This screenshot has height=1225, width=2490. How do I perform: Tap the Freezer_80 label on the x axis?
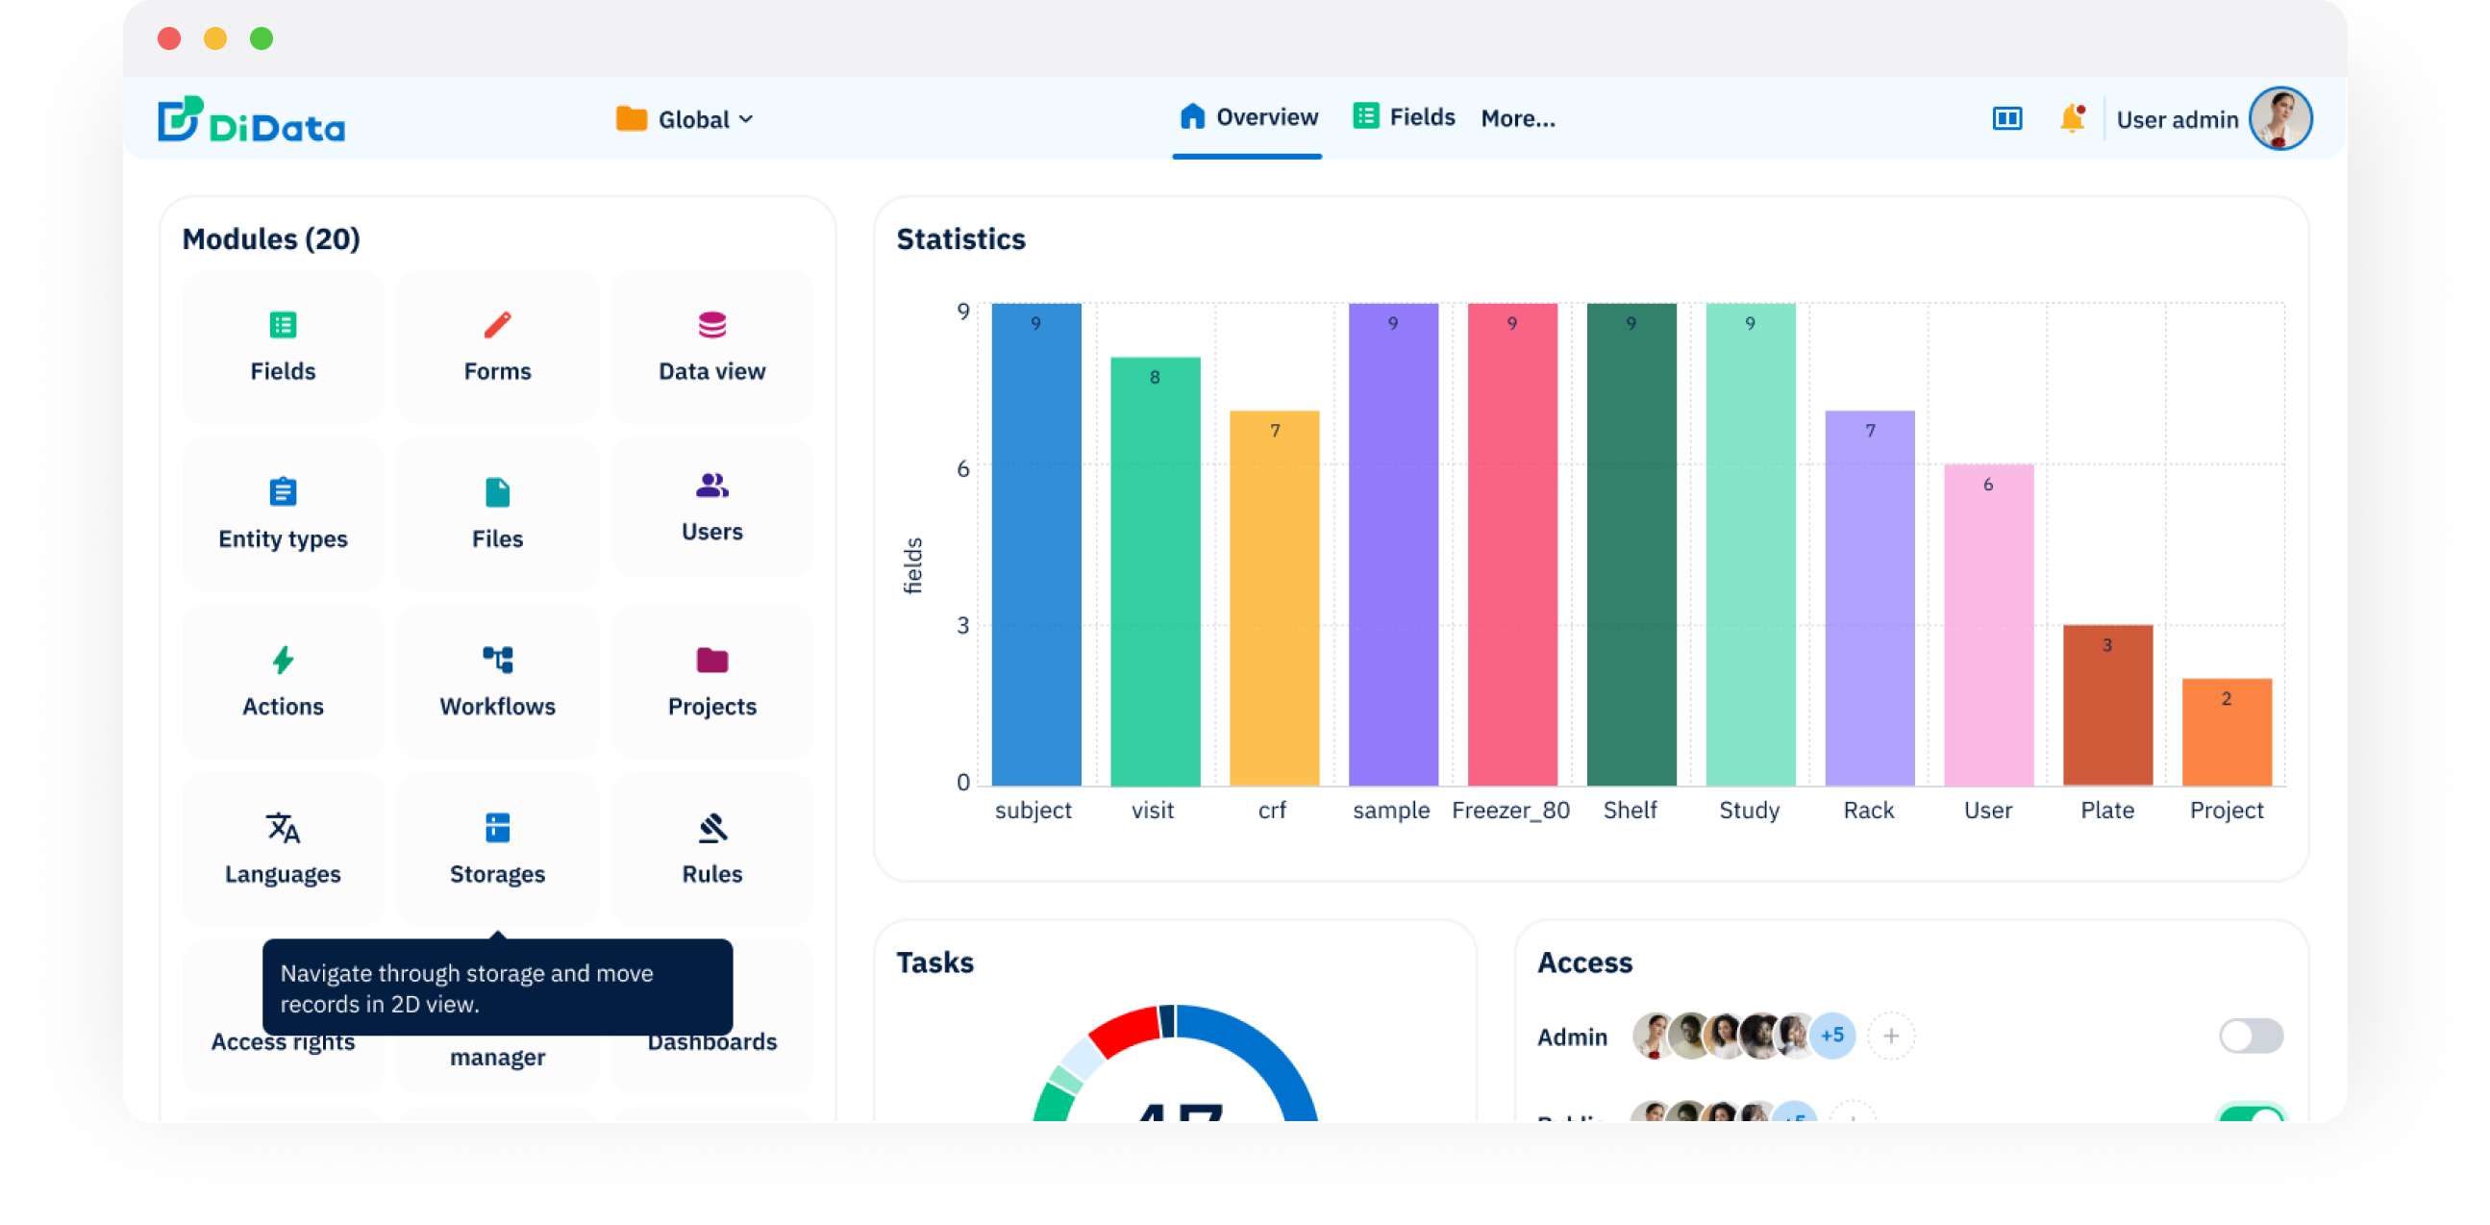(1509, 811)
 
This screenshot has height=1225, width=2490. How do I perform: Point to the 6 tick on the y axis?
(962, 469)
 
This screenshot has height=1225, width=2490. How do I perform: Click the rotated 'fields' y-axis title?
(912, 565)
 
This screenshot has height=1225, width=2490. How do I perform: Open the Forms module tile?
(497, 345)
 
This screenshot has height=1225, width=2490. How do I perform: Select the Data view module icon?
(711, 325)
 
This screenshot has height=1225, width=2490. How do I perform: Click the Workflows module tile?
(497, 681)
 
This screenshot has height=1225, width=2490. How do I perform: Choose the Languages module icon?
(283, 828)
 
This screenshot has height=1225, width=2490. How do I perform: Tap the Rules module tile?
(711, 848)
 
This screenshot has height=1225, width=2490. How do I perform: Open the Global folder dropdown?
(685, 119)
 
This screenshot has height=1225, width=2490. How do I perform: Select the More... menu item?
(1518, 118)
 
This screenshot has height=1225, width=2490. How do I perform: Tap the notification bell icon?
(2071, 118)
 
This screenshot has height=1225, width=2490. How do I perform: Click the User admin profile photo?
(2279, 118)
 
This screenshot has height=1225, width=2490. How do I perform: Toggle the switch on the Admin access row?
(2251, 1036)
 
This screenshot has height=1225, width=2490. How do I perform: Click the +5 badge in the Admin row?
(1830, 1036)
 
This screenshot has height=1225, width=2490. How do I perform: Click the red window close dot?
(169, 37)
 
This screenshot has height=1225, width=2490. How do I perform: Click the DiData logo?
(251, 120)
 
